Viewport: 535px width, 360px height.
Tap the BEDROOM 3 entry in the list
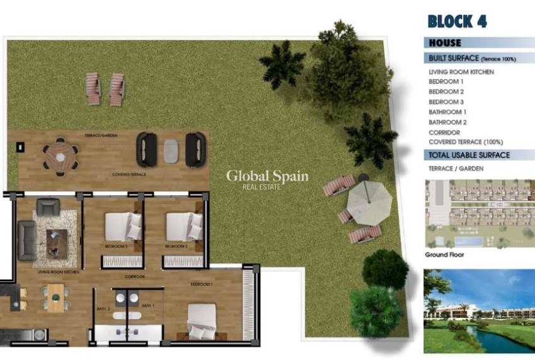point(446,102)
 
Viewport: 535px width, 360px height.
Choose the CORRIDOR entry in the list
point(444,132)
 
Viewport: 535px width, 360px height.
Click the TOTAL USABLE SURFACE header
point(468,155)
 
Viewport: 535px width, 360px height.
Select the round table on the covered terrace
point(60,154)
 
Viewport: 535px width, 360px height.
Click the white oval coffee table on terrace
point(171,150)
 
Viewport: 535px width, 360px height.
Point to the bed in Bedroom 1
point(201,321)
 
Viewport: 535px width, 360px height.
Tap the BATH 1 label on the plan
point(148,305)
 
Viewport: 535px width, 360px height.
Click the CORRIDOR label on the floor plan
point(135,277)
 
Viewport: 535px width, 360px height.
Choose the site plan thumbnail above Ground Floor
point(479,213)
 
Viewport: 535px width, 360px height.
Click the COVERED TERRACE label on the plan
point(129,174)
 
